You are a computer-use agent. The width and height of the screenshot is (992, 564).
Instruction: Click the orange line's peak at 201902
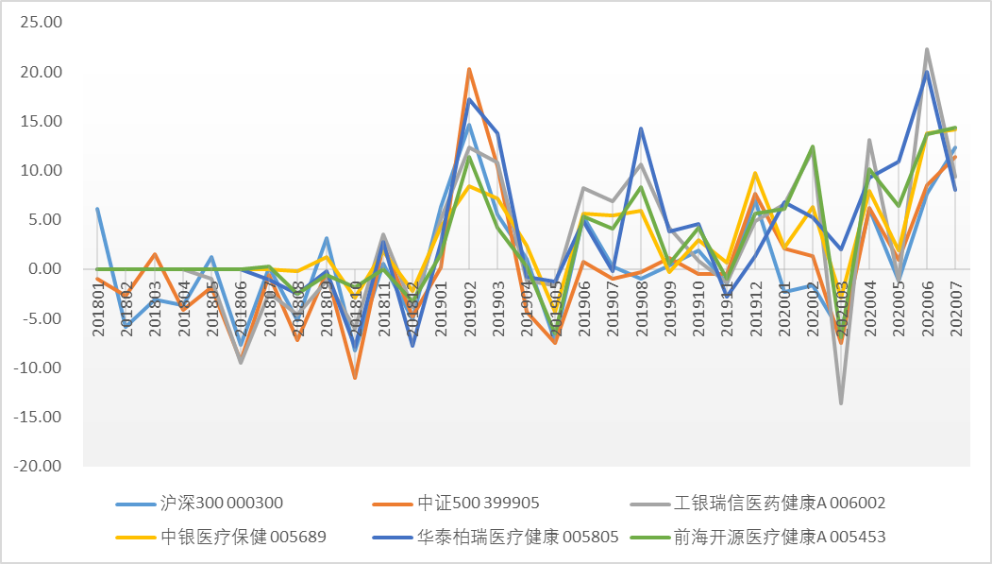tap(469, 69)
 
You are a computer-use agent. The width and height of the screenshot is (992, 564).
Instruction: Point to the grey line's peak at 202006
tap(927, 49)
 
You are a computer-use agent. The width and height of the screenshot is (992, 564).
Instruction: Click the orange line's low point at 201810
tap(355, 378)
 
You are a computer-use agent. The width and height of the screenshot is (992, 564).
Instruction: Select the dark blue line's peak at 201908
tap(641, 128)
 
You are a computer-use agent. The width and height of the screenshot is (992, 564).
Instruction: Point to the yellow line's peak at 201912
tap(755, 173)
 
